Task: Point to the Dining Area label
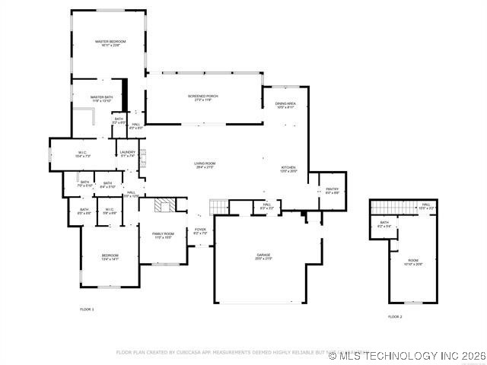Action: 285,106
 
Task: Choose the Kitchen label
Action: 288,169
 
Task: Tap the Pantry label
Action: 333,191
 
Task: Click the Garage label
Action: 263,257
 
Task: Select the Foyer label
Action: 200,230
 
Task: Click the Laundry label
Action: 128,154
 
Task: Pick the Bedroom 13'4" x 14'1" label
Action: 110,257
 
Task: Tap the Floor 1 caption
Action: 87,309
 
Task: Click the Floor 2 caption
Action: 395,316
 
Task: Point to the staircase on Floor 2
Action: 391,207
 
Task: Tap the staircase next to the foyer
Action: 218,206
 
